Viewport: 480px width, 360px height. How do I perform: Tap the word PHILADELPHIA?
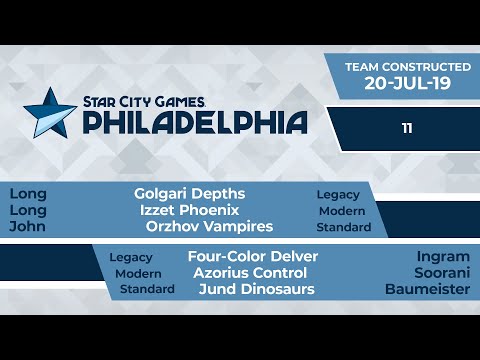[194, 123]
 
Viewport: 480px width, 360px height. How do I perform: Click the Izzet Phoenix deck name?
[189, 210]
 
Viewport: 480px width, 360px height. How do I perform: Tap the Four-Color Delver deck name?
[253, 256]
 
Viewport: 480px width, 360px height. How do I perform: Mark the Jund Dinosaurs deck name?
[257, 289]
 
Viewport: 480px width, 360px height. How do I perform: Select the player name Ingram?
[443, 256]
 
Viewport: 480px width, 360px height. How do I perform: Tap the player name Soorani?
[440, 273]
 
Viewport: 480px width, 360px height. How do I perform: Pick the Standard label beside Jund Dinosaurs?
[147, 290]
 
